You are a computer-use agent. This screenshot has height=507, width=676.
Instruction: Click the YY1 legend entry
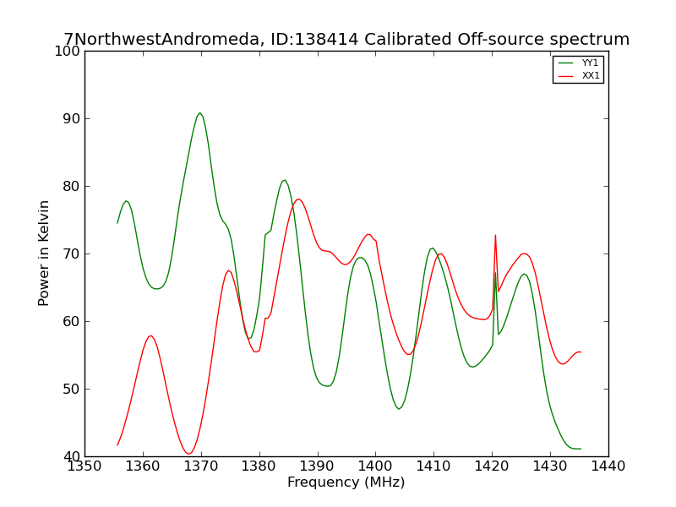(x=578, y=63)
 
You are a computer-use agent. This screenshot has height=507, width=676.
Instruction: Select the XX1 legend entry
(x=578, y=75)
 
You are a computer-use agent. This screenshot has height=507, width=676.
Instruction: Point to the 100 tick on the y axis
(x=68, y=52)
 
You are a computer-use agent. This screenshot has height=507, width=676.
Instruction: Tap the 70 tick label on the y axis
(x=72, y=254)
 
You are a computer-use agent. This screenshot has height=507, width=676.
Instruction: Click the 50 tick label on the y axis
(x=72, y=389)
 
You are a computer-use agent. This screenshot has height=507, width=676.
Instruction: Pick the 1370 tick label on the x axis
(x=201, y=466)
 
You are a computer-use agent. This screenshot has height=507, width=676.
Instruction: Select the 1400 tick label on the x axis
(x=375, y=466)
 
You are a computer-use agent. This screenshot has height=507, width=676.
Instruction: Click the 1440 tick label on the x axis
(x=608, y=466)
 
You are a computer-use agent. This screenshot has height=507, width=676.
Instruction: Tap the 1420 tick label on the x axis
(x=492, y=466)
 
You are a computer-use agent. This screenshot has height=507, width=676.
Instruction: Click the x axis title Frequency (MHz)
(x=346, y=482)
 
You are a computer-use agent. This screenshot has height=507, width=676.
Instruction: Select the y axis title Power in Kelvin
(x=44, y=253)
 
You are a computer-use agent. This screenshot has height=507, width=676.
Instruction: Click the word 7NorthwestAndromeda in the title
(x=161, y=39)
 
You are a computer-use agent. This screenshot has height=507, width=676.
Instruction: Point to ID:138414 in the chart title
(x=314, y=39)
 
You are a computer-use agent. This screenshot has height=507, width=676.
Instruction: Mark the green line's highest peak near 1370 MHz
(x=199, y=113)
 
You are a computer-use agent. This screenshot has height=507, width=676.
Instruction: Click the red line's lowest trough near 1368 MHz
(x=188, y=454)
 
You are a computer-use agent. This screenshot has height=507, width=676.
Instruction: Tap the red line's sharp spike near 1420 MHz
(x=495, y=235)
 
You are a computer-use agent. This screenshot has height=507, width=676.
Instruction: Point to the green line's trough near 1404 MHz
(x=399, y=409)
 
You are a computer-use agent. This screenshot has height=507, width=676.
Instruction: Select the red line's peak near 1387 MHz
(x=298, y=199)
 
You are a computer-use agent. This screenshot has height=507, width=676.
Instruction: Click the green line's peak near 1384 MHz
(x=285, y=180)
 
